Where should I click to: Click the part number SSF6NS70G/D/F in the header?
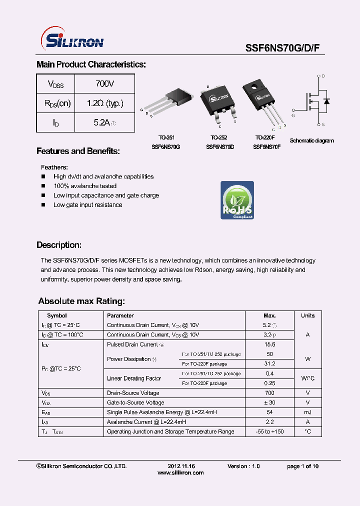coord(285,47)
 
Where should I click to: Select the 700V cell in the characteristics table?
coord(104,84)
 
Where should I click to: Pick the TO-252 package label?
coord(219,137)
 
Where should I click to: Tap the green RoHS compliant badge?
coord(237,200)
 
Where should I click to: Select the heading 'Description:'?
coord(59,245)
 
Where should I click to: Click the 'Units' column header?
coord(307,315)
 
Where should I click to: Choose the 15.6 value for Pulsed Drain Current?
coord(269,344)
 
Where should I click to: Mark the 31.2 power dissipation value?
coord(269,363)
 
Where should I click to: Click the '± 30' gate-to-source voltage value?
coord(269,402)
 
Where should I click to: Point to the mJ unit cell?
coord(307,412)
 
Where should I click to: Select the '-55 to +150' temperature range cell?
coord(269,431)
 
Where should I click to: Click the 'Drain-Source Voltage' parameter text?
coord(133,393)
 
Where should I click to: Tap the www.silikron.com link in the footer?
coord(180,472)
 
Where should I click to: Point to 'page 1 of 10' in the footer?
coord(302,466)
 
